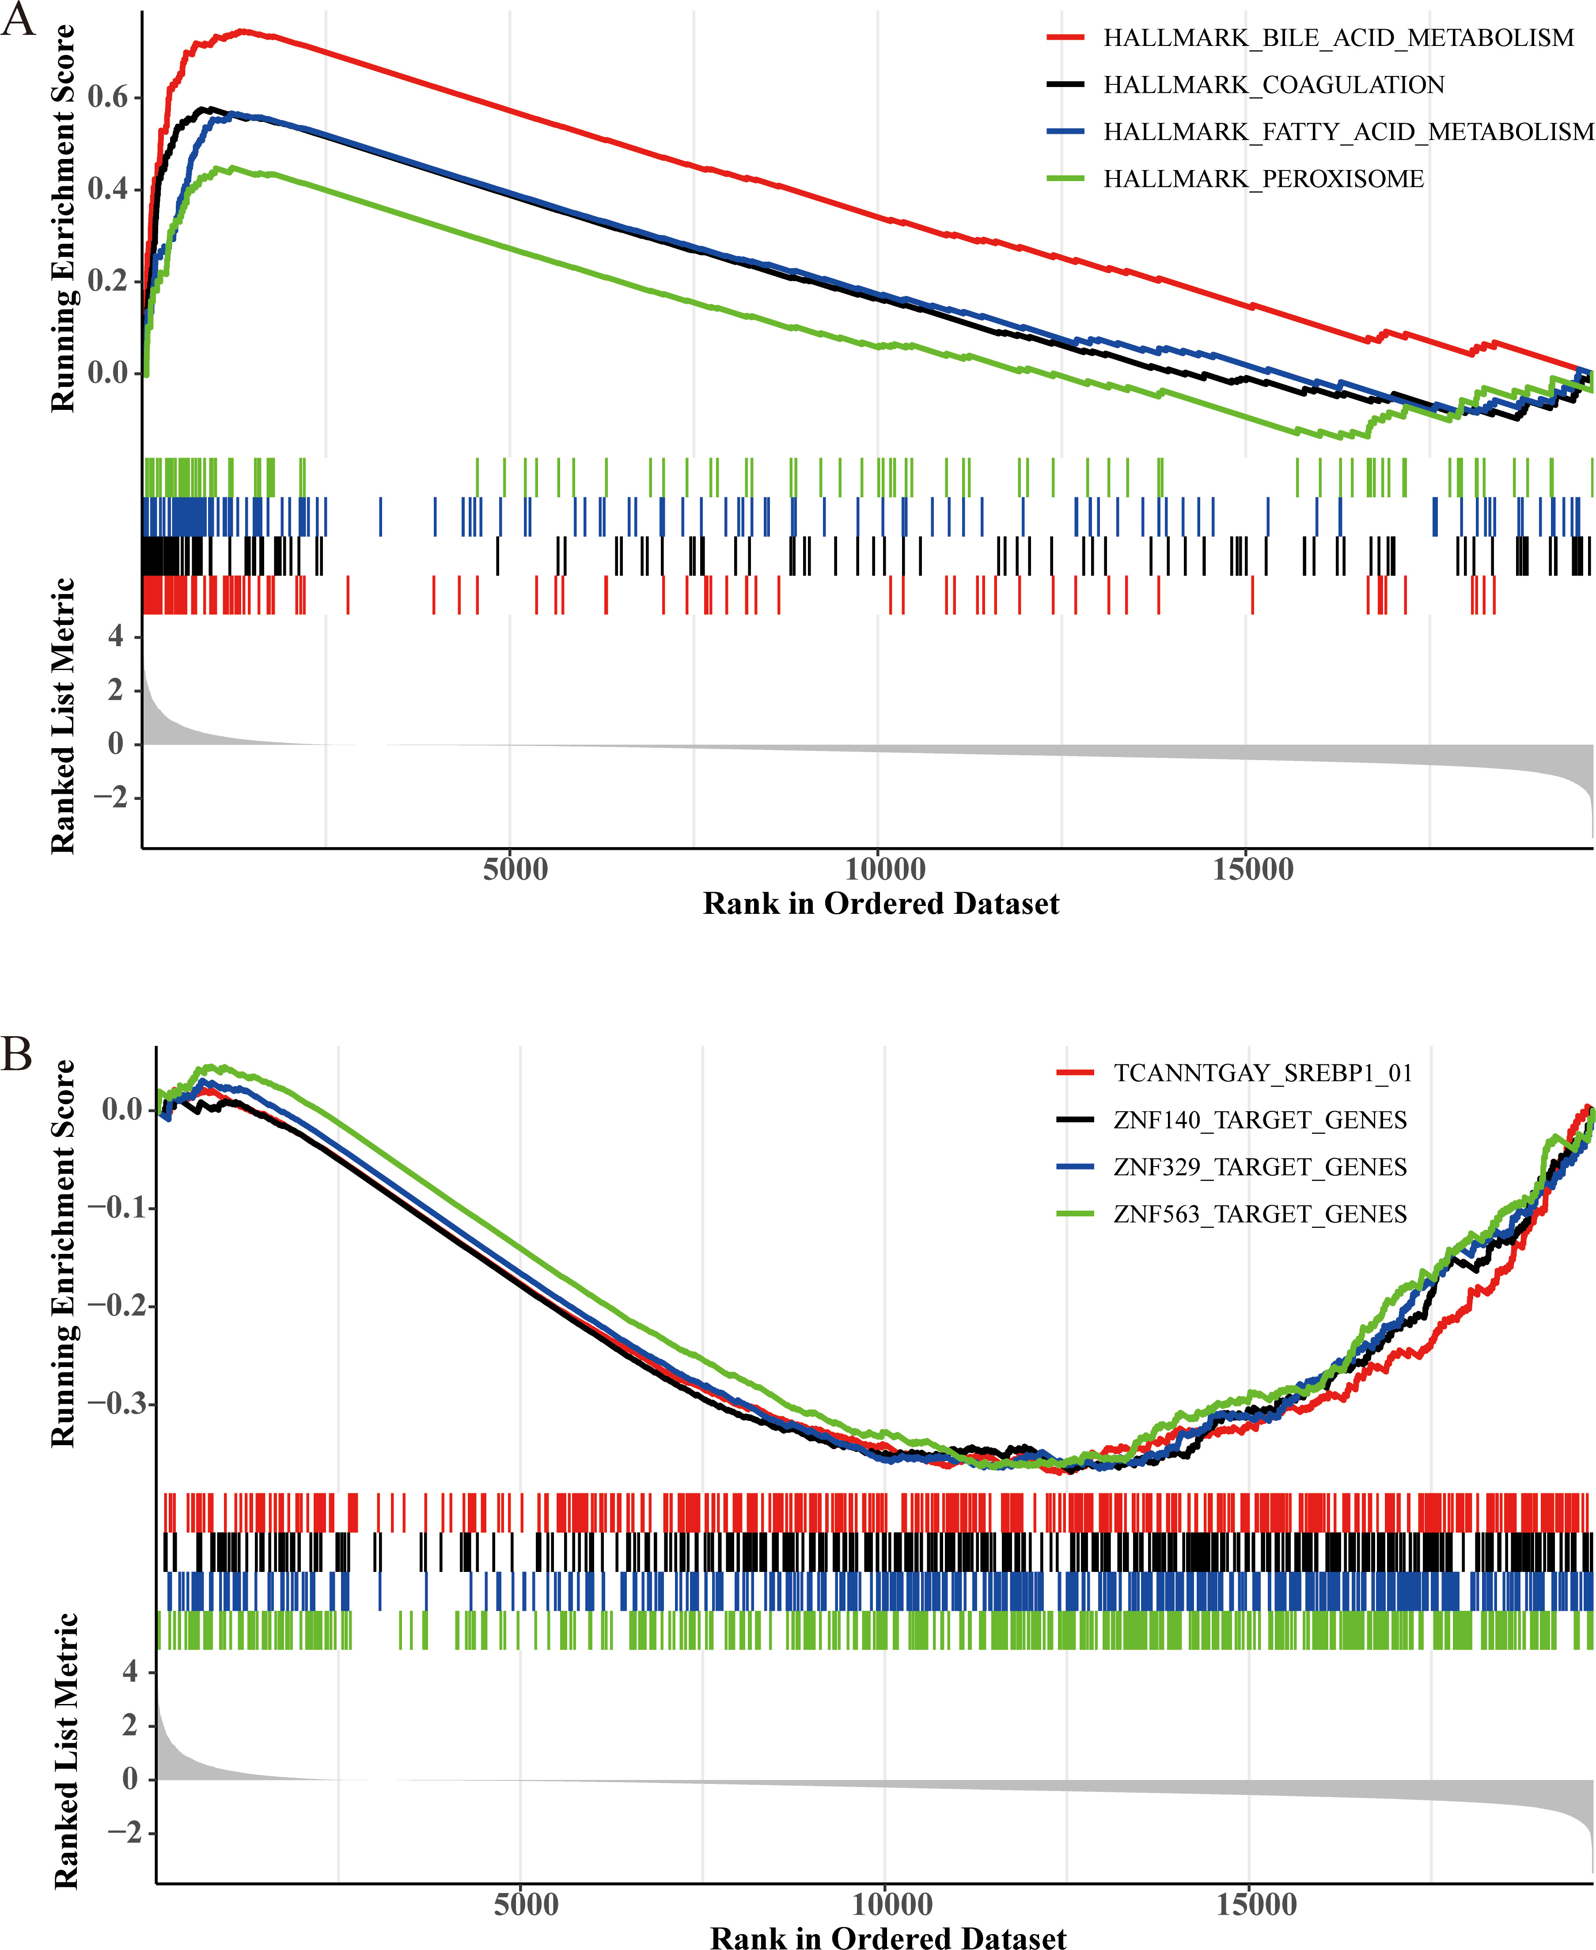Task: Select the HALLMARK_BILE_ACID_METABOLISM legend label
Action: pyautogui.click(x=1338, y=38)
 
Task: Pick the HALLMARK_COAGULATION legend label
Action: pyautogui.click(x=1274, y=85)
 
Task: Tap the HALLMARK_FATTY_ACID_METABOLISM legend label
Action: pyautogui.click(x=1349, y=132)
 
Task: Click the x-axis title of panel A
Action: pyautogui.click(x=881, y=904)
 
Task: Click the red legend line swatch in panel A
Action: pyautogui.click(x=1065, y=38)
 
